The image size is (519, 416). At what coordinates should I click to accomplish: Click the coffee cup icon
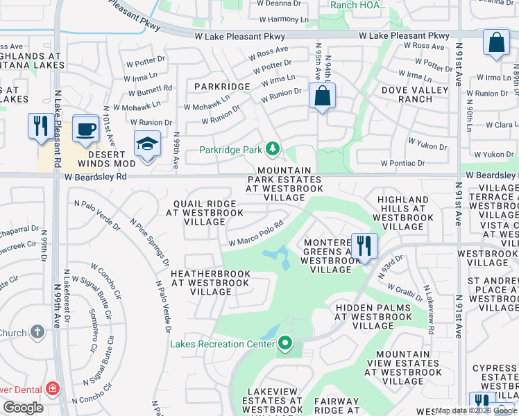(x=85, y=128)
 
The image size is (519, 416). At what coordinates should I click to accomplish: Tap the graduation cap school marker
(x=147, y=144)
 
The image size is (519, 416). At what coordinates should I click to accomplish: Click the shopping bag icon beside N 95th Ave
(x=323, y=96)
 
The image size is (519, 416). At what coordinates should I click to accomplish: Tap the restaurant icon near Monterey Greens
(x=364, y=245)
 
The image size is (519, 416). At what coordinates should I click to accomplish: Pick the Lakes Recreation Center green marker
(x=284, y=343)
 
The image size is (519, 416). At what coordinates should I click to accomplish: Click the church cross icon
(x=37, y=332)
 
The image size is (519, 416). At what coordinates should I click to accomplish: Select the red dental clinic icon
(x=52, y=389)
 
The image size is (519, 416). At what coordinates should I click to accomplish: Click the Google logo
(x=23, y=408)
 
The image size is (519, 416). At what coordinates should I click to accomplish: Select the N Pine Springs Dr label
(x=150, y=243)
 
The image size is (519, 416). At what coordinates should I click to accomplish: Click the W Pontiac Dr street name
(x=402, y=163)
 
